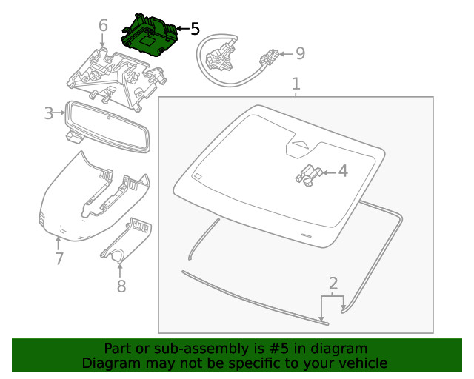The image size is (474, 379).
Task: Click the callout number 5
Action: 195,29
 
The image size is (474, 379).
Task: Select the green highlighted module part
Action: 149,36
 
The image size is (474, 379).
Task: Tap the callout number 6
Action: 103,27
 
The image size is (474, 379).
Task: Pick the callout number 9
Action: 300,53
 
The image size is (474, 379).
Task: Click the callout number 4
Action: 342,172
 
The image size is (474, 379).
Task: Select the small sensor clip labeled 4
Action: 307,175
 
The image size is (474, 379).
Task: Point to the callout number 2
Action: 333,283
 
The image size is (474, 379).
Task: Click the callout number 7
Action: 59,258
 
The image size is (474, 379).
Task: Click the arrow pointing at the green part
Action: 180,29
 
